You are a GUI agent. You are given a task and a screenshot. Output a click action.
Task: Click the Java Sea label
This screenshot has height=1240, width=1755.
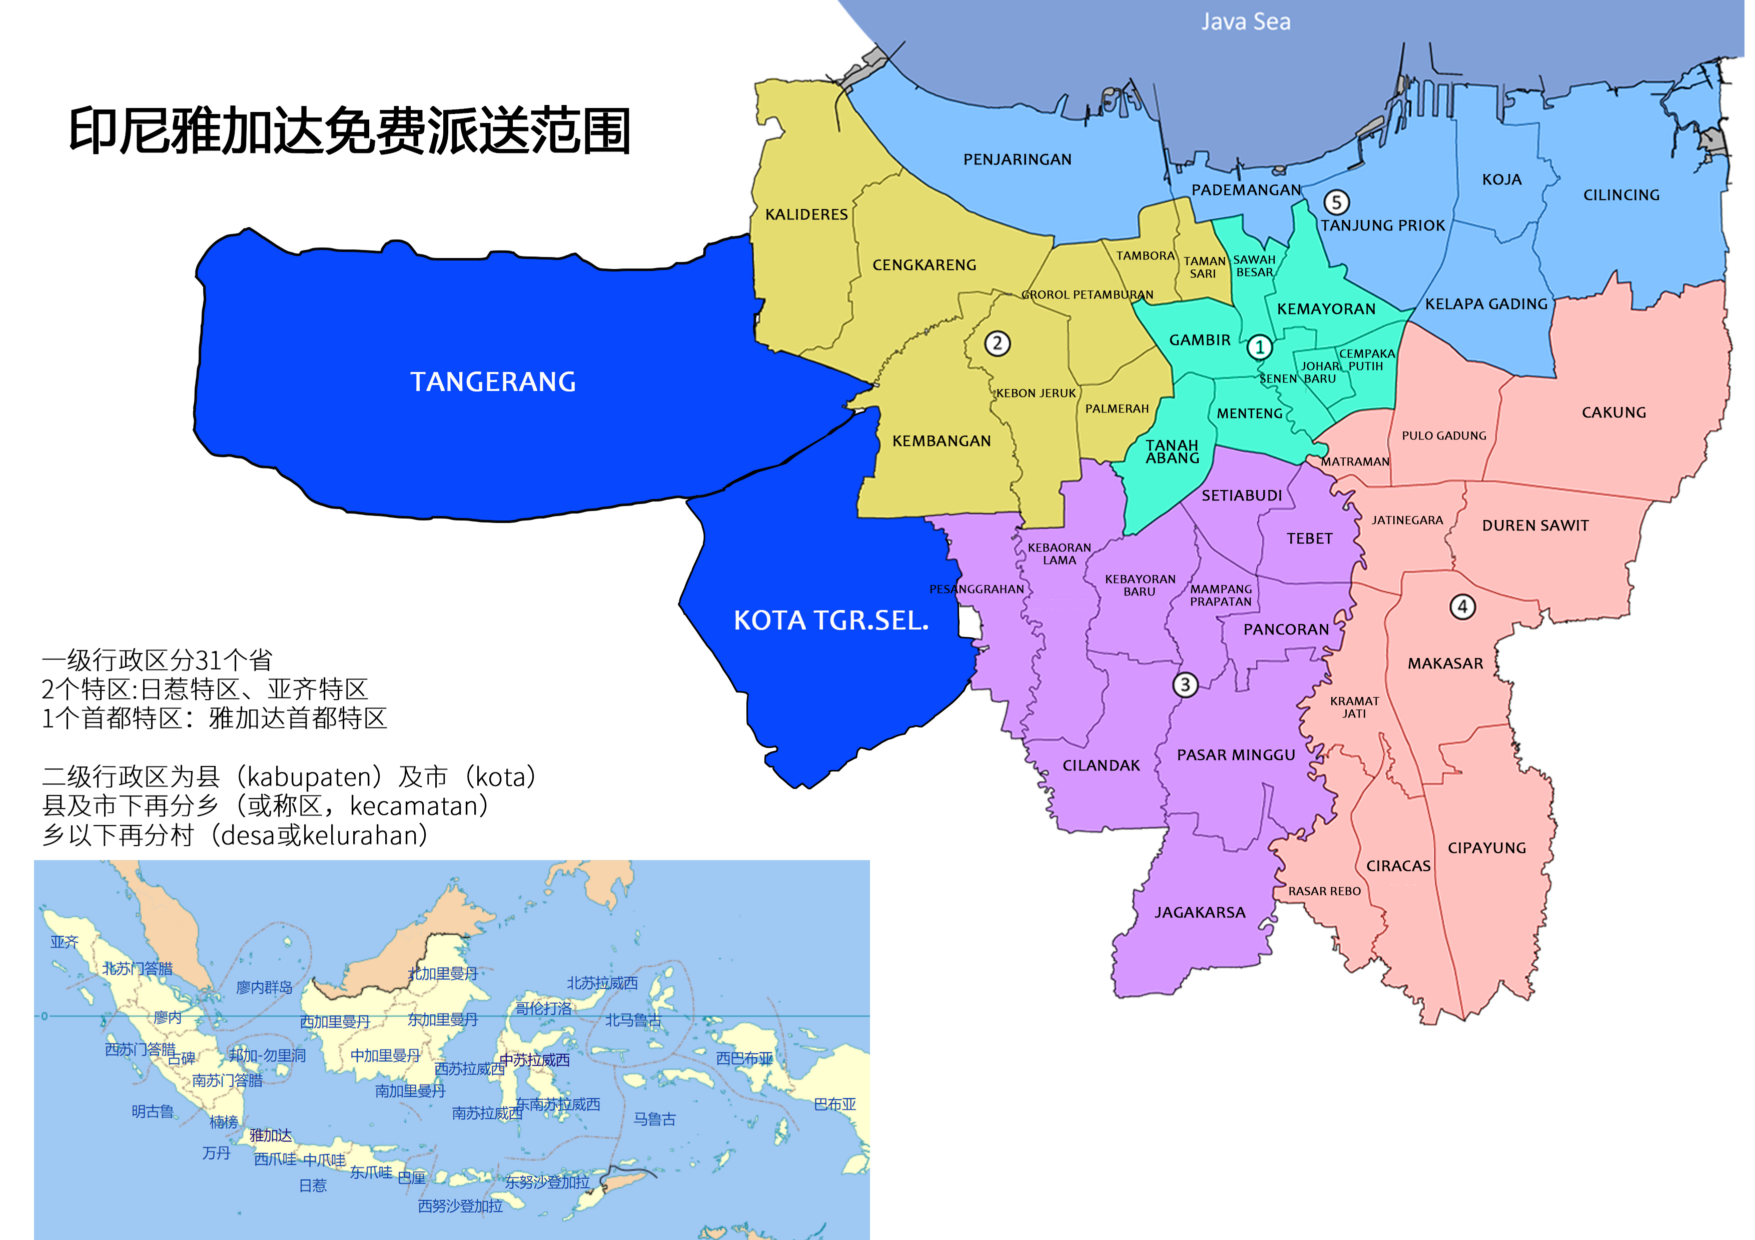[1245, 21]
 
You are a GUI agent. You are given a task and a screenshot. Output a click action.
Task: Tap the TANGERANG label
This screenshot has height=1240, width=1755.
[493, 381]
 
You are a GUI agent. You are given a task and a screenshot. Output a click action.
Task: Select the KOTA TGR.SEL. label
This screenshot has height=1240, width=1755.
[831, 620]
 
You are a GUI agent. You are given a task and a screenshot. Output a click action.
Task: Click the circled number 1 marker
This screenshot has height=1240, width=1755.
[1260, 347]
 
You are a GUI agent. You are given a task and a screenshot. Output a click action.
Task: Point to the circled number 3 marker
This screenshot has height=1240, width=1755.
[1185, 684]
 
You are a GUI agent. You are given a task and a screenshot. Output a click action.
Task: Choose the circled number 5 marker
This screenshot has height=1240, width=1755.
[1336, 202]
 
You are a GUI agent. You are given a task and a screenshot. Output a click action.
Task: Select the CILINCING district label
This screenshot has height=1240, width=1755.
[1621, 195]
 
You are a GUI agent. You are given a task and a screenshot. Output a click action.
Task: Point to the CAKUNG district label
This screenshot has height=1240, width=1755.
[1613, 412]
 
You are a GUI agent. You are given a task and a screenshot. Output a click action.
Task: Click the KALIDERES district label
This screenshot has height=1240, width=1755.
[806, 214]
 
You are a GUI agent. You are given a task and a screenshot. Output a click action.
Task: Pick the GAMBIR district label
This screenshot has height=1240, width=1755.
[1199, 340]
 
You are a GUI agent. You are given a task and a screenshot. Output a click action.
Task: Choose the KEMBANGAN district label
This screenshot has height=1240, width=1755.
[941, 441]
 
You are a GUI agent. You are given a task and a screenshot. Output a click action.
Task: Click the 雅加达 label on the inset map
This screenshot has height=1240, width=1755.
[271, 1135]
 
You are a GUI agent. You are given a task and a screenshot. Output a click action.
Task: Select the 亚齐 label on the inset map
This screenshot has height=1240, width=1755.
[64, 942]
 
